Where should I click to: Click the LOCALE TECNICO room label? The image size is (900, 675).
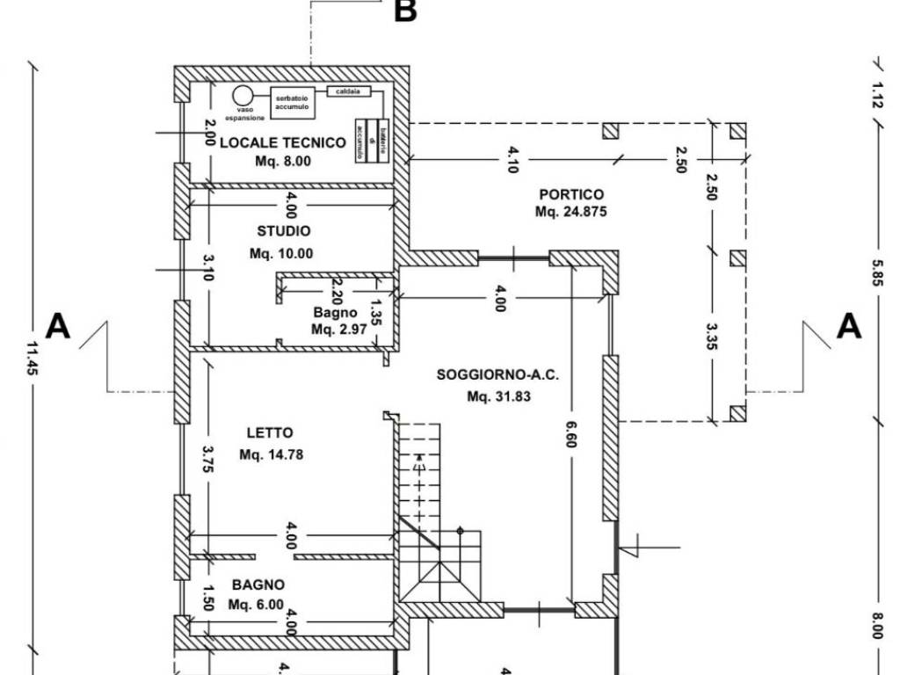coord(282,142)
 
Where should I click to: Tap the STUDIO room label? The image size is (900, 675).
coord(283,231)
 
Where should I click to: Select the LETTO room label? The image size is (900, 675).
coord(270,432)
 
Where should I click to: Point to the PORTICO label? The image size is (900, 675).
coord(571,194)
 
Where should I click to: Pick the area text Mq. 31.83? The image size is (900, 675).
coord(498,396)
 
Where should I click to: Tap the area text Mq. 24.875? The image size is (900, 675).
coord(571,212)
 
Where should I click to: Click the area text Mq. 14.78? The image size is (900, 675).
coord(271,454)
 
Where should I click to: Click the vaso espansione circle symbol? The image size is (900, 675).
coord(243,95)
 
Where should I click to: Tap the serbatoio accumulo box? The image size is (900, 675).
coord(291,103)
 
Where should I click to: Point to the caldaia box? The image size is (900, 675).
coord(349,91)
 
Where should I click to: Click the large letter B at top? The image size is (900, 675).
coord(405,11)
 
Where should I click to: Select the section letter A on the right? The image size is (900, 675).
coord(848,326)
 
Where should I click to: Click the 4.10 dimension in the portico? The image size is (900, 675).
coord(512,159)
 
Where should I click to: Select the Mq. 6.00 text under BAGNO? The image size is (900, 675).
coord(256,604)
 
